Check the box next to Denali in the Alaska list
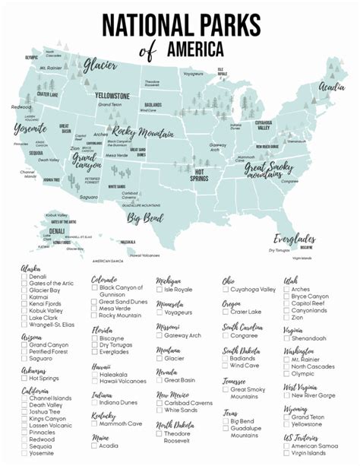tap(25, 277)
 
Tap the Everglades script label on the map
tap(295, 238)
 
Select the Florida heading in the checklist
tap(103, 331)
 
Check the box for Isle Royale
tap(160, 290)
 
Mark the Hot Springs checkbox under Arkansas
tap(25, 377)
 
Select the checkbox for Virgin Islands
tap(287, 452)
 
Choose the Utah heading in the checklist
tap(291, 280)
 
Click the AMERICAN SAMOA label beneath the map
tap(107, 261)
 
